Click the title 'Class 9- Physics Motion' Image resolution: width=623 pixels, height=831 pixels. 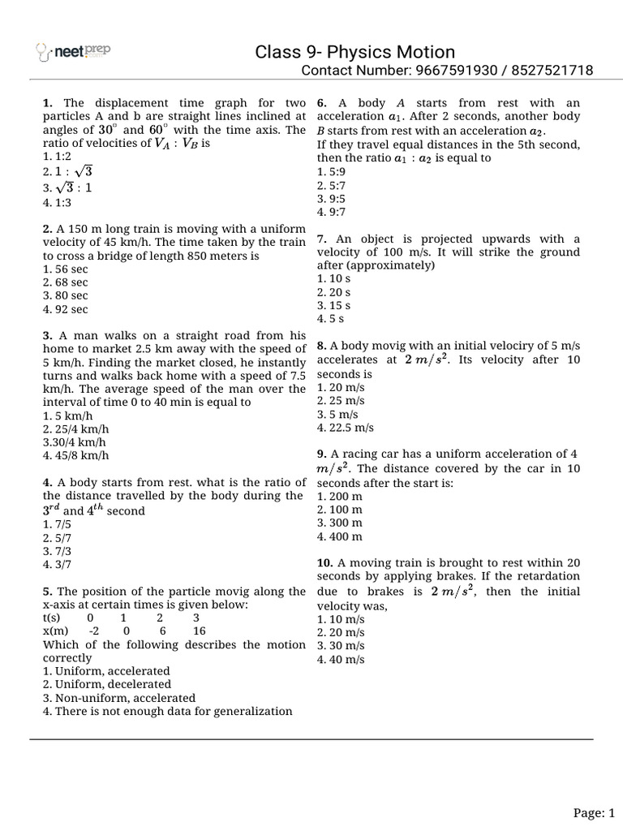(x=355, y=52)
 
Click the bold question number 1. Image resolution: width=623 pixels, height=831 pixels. (x=47, y=103)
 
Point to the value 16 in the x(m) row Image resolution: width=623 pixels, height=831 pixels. (x=200, y=631)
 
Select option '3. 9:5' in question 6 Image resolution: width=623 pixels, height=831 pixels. (x=333, y=198)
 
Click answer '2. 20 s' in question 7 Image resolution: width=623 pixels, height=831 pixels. (x=333, y=292)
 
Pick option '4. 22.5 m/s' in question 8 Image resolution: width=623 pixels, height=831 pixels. (x=346, y=428)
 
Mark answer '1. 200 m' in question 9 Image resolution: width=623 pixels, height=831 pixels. (x=340, y=496)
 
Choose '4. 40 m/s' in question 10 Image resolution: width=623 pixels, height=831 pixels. (x=341, y=659)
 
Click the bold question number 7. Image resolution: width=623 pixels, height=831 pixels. (x=321, y=239)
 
